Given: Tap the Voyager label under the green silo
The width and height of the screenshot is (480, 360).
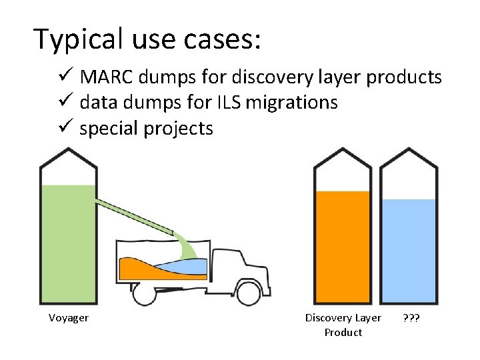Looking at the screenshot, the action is tap(68, 318).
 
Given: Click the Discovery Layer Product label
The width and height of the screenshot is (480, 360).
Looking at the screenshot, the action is tap(343, 325).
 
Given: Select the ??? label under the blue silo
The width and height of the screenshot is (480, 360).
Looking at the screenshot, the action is tap(411, 318).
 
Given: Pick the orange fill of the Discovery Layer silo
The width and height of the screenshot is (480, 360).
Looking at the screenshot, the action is tap(342, 247).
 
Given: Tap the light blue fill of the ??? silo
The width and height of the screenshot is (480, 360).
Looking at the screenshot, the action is tap(409, 250).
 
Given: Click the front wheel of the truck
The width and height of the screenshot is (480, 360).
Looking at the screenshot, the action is tap(249, 292).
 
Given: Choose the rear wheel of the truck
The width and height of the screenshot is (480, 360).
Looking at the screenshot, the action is tap(144, 293).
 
